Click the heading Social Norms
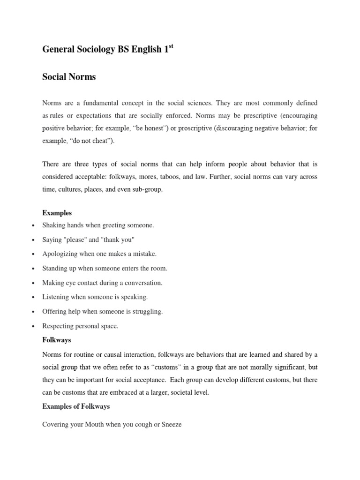point(69,77)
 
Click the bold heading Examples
point(57,213)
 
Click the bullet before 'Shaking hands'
point(33,226)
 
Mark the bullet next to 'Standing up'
point(33,269)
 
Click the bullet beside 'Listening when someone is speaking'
point(33,298)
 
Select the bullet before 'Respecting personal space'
point(33,326)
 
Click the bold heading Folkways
point(56,339)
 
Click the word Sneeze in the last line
point(170,424)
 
